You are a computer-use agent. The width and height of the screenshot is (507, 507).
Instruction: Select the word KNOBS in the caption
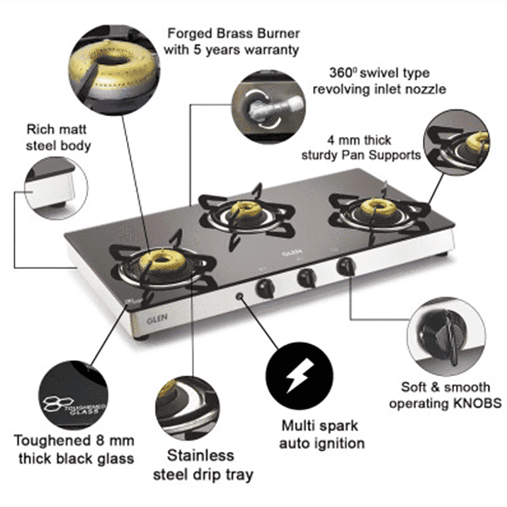click(477, 404)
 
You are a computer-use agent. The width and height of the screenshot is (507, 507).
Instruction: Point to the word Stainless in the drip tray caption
click(201, 454)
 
